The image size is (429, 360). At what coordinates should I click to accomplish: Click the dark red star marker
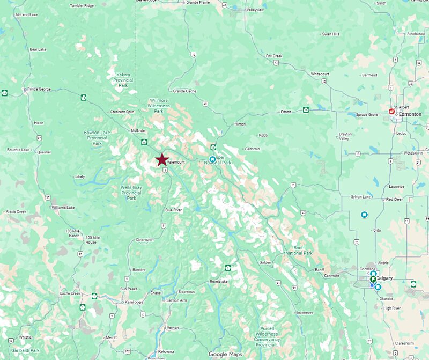[161, 159]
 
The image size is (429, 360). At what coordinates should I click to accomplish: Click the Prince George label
[39, 89]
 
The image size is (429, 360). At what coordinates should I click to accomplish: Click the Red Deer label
[395, 199]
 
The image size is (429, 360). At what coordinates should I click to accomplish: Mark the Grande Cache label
[184, 91]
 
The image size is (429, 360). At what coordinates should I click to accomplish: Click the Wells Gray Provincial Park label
[131, 193]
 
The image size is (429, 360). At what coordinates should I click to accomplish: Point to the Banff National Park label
[299, 250]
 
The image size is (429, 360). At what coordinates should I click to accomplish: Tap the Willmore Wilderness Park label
[158, 105]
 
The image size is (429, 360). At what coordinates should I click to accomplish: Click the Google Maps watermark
[225, 354]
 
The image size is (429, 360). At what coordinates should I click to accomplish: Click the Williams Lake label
[63, 207]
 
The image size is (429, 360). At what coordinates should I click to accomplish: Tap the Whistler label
[26, 337]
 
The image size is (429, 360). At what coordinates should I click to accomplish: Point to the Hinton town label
[240, 124]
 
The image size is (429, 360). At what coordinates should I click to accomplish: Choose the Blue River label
[174, 210]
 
